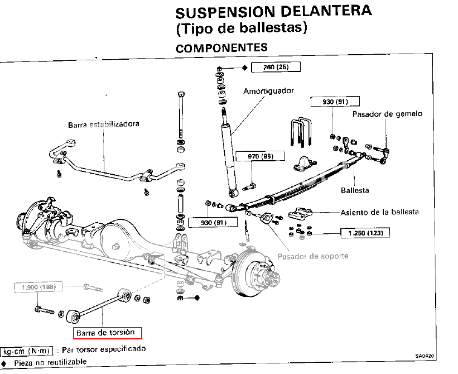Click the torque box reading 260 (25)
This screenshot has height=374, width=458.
[x=276, y=67]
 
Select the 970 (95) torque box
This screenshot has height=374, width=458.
[x=261, y=156]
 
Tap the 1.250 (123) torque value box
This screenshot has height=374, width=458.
[x=365, y=233]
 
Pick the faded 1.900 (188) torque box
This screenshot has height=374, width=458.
[x=38, y=287]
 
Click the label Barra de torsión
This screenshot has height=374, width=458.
[x=105, y=333]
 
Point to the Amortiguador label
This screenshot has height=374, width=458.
[x=268, y=91]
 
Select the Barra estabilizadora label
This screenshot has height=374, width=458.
[x=103, y=124]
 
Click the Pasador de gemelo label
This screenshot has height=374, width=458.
[x=387, y=114]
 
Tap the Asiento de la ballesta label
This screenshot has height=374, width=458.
[x=379, y=212]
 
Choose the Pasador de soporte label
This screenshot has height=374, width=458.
[x=313, y=257]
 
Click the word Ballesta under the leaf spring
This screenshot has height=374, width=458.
[x=355, y=190]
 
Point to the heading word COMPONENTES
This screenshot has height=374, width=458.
[x=221, y=48]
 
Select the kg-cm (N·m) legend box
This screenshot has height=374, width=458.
[x=27, y=351]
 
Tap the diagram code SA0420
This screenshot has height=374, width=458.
[x=425, y=356]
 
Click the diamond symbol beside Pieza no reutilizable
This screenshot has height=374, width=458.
[x=4, y=363]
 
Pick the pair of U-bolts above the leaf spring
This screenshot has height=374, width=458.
[x=301, y=132]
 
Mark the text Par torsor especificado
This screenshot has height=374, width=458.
[x=104, y=349]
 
